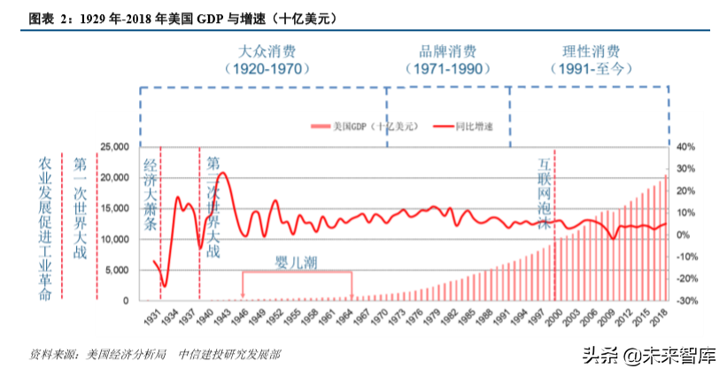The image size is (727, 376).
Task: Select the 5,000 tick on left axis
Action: click(x=119, y=270)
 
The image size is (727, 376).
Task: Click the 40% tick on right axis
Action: click(x=687, y=147)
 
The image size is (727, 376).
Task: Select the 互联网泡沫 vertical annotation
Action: click(x=545, y=195)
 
